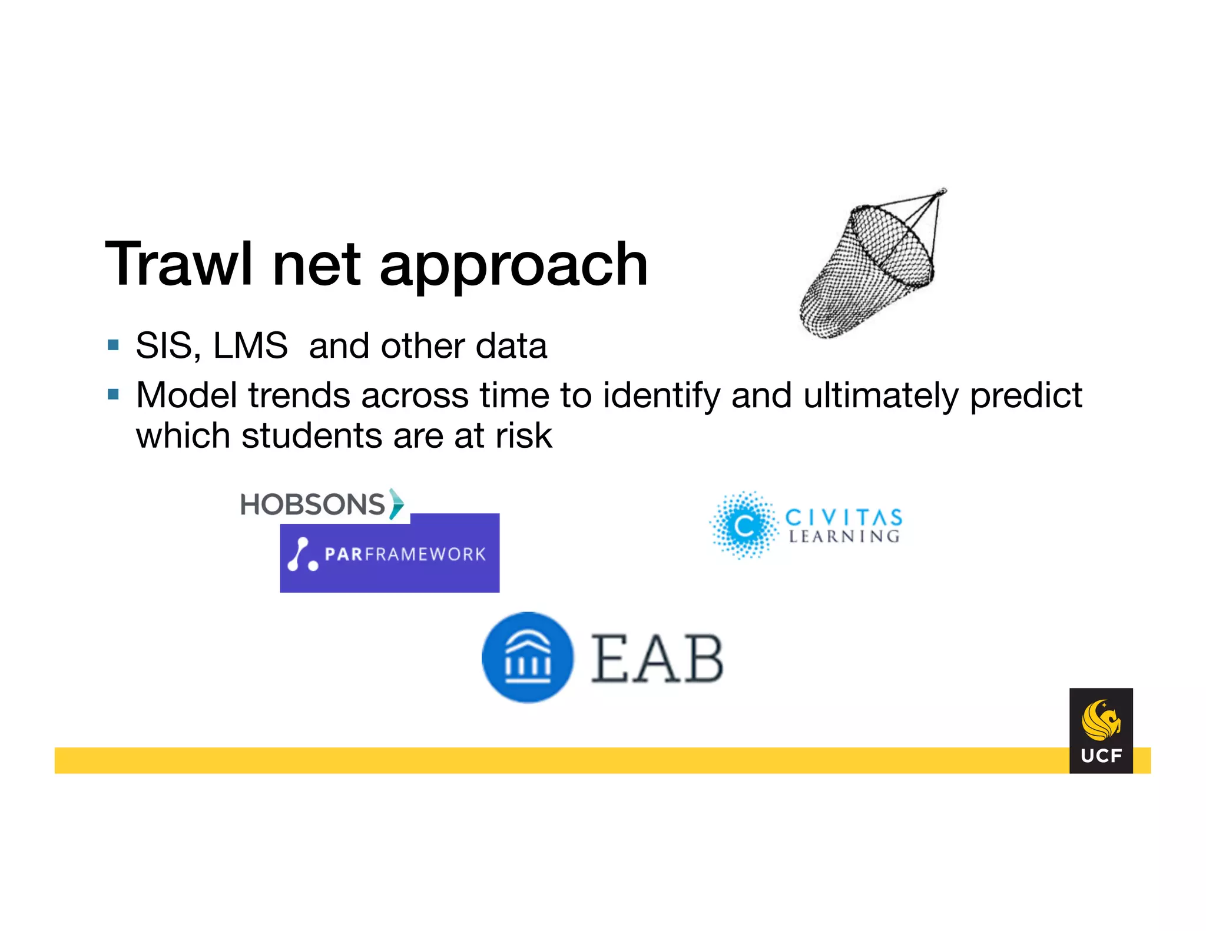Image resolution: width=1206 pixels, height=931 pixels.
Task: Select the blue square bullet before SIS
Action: [114, 345]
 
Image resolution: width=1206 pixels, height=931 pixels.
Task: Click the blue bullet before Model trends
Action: [114, 394]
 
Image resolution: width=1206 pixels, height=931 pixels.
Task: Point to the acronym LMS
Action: [250, 345]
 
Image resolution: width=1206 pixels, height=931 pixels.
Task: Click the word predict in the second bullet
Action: [1025, 396]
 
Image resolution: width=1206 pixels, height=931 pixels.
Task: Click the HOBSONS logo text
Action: [312, 504]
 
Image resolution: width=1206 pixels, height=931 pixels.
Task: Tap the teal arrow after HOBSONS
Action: [397, 504]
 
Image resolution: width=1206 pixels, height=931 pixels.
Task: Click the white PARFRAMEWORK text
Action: [405, 554]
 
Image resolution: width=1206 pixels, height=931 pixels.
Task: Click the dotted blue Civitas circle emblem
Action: [744, 525]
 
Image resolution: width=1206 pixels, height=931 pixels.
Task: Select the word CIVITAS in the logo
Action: [843, 517]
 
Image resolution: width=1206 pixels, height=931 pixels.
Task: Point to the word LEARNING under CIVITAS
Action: [843, 537]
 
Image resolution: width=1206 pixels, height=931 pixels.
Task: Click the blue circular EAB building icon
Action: [528, 657]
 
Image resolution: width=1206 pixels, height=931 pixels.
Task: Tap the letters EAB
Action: [657, 660]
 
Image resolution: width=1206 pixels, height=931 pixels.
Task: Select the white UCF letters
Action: [1101, 756]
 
